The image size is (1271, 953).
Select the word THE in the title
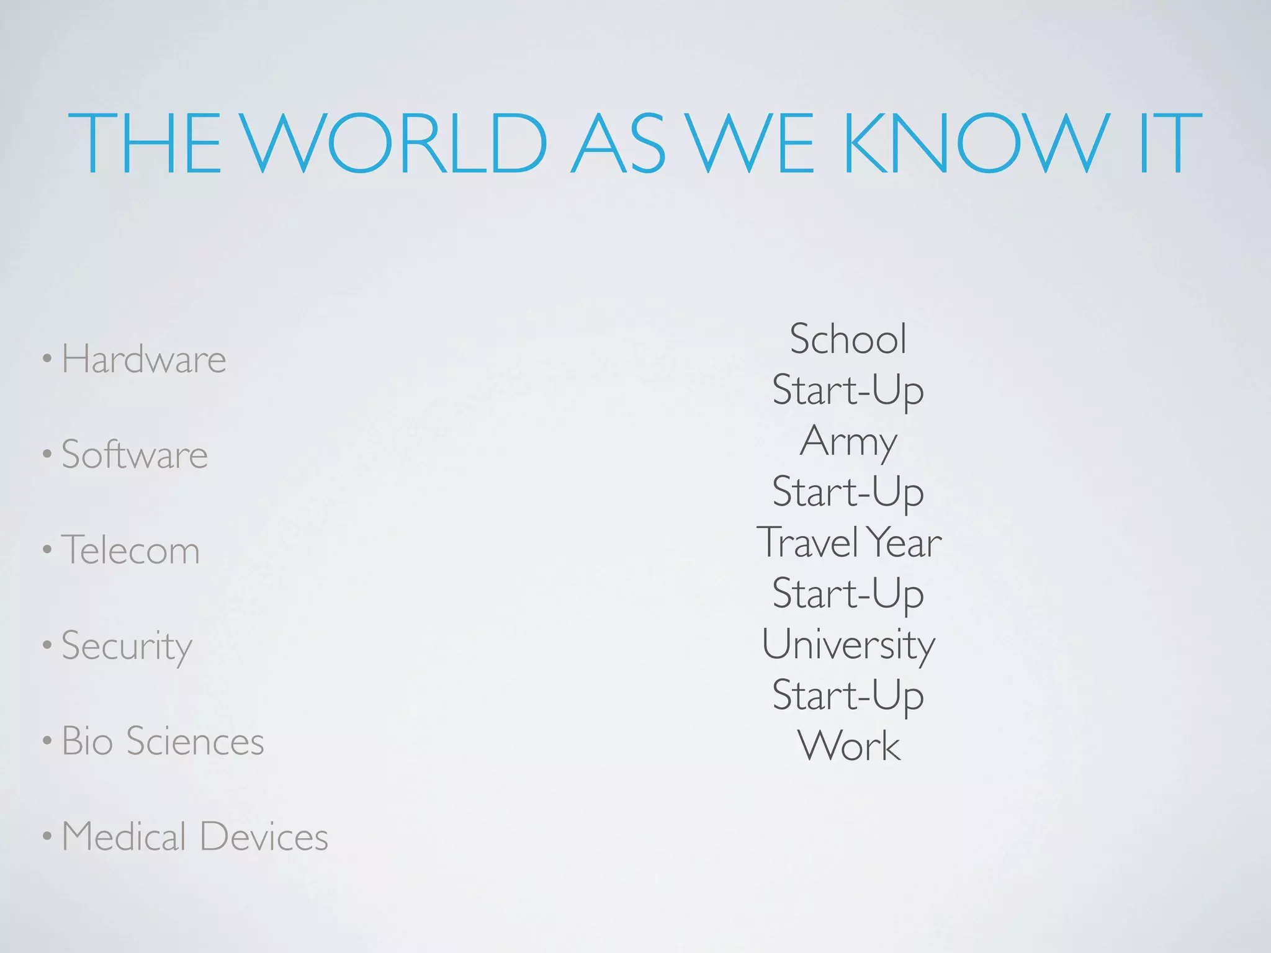click(x=144, y=144)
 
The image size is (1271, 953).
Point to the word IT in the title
click(x=1170, y=144)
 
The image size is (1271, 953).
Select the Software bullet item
click(x=135, y=454)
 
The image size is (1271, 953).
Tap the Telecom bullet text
click(x=131, y=550)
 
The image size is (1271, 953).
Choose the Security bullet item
click(x=127, y=647)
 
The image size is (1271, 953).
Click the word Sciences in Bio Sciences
click(x=195, y=741)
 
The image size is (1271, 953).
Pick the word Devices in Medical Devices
click(x=264, y=836)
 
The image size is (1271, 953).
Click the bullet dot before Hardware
click(x=47, y=360)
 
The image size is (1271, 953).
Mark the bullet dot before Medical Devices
click(x=47, y=838)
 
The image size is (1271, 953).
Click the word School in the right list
click(x=848, y=339)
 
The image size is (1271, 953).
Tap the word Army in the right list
click(x=848, y=442)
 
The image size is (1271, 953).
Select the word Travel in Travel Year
click(x=807, y=542)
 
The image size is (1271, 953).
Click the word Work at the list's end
click(x=848, y=746)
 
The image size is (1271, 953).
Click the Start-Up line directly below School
click(x=848, y=391)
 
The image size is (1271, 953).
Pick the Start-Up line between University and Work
click(x=848, y=696)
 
